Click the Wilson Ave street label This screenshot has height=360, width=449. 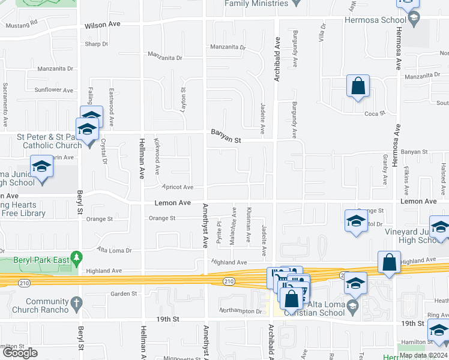[x=103, y=25]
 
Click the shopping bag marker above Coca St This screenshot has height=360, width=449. [x=358, y=86]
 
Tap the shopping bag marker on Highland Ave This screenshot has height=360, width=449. [x=389, y=262]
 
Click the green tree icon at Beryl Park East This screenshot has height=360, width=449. [x=76, y=259]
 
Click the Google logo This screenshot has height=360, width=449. [x=20, y=353]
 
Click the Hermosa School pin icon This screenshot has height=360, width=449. [x=413, y=19]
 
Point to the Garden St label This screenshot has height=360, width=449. [x=124, y=294]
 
